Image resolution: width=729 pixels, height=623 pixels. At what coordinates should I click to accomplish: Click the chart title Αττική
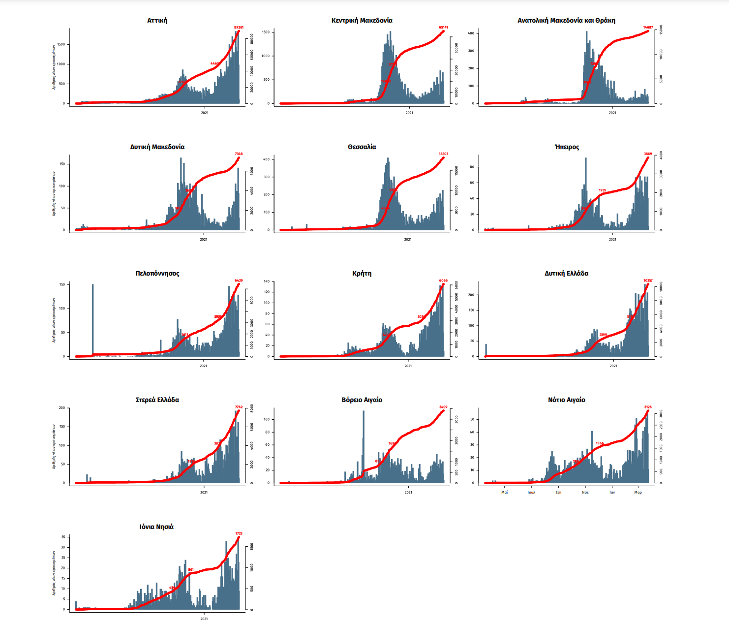pos(157,21)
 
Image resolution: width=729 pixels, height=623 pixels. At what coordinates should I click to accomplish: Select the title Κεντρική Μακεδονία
pos(362,21)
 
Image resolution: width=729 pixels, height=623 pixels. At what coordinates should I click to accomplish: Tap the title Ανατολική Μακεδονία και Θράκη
pos(566,21)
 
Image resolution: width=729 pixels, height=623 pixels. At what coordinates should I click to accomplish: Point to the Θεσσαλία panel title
pos(362,147)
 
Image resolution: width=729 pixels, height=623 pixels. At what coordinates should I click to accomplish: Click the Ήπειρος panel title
pos(567,147)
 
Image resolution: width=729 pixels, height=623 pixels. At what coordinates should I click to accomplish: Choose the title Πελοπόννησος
pos(157,274)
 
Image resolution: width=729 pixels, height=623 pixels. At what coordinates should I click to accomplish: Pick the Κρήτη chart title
pos(362,274)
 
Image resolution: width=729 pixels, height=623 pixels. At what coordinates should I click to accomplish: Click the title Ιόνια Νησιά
pos(156,527)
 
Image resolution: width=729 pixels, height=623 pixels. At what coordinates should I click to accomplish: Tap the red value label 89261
pos(239,28)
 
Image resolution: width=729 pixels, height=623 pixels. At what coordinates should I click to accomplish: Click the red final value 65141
pos(443,28)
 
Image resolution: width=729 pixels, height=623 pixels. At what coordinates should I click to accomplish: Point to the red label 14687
pos(648,28)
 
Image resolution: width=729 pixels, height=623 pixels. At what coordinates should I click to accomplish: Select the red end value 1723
pos(239,533)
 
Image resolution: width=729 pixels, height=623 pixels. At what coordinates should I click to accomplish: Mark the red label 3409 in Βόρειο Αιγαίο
pos(443,407)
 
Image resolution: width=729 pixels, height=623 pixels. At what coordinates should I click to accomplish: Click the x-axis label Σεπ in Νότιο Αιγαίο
pos(558,492)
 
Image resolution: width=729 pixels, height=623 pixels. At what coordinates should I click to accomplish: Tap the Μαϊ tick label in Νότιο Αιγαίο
pos(504,492)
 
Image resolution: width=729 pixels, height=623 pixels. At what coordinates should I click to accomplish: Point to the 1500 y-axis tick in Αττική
pos(61,44)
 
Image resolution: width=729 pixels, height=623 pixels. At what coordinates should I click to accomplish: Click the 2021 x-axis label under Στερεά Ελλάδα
pos(204,492)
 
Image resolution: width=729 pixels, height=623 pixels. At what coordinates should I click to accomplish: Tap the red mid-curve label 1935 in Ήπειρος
pos(602,190)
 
